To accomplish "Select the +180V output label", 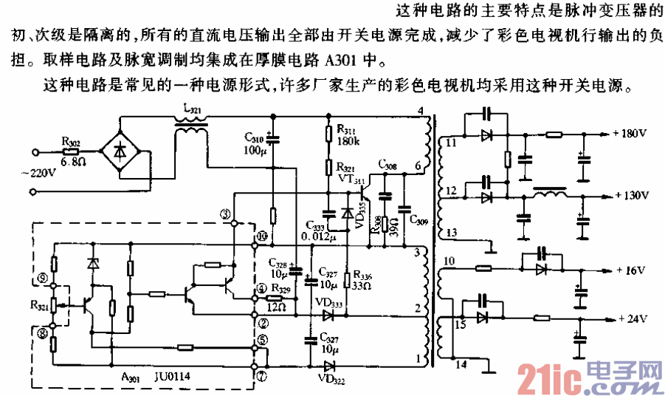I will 630,134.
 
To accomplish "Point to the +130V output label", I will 630,196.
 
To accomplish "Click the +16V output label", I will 630,271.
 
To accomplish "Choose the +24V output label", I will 630,319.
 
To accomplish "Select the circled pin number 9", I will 44,279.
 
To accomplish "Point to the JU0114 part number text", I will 173,376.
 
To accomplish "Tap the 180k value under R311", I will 348,142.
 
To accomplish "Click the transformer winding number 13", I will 452,233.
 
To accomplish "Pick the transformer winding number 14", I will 461,363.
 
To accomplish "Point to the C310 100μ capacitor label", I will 253,143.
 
